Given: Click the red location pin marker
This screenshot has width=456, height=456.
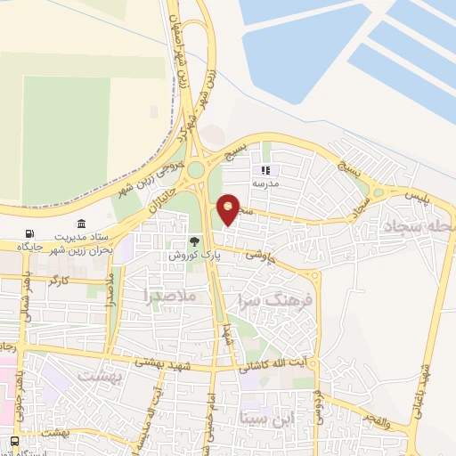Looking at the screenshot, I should [x=229, y=208].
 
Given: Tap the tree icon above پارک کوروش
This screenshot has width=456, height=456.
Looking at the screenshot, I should [x=195, y=241].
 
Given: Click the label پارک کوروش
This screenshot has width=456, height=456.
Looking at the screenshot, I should [x=195, y=255].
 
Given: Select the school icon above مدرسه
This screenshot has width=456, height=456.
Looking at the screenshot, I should [x=264, y=170].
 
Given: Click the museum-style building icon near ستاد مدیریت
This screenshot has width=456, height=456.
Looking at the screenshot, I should [x=81, y=224].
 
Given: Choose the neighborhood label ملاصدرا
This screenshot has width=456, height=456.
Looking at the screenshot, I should [x=169, y=295].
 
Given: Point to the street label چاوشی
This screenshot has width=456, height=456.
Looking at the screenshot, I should [x=267, y=252].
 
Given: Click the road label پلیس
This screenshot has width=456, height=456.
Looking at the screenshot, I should [x=416, y=195].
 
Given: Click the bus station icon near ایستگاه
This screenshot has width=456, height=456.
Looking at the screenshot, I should [x=15, y=442].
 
